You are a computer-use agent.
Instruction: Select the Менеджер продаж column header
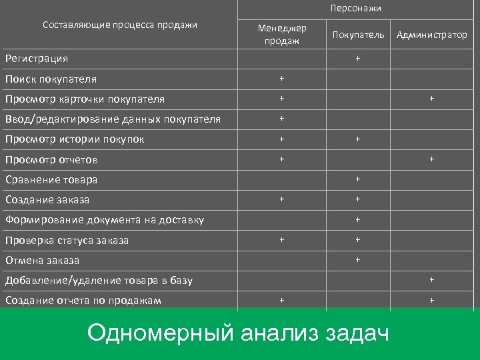pyautogui.click(x=282, y=35)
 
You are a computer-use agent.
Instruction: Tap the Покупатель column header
pyautogui.click(x=358, y=35)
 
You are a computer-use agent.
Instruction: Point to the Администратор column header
pyautogui.click(x=432, y=35)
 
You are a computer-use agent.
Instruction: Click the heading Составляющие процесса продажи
pyautogui.click(x=120, y=25)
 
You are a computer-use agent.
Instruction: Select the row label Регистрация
pyautogui.click(x=37, y=59)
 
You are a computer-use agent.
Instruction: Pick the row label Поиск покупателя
pyautogui.click(x=51, y=79)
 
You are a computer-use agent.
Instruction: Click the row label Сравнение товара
pyautogui.click(x=51, y=179)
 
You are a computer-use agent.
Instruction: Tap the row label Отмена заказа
pyautogui.click(x=42, y=260)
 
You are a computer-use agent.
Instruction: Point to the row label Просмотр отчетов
pyautogui.click(x=51, y=159)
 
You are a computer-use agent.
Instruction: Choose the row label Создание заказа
pyautogui.click(x=47, y=199)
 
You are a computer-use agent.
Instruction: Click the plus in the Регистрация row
pyautogui.click(x=358, y=58)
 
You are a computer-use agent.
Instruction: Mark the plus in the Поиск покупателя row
pyautogui.click(x=282, y=79)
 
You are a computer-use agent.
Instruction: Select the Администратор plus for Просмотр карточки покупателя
pyautogui.click(x=432, y=99)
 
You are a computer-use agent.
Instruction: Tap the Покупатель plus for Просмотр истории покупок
pyautogui.click(x=358, y=139)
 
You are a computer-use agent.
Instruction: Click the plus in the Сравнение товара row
pyautogui.click(x=358, y=179)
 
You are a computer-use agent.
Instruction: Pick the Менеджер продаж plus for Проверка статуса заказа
pyautogui.click(x=282, y=239)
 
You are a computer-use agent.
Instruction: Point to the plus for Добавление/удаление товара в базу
pyautogui.click(x=432, y=279)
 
